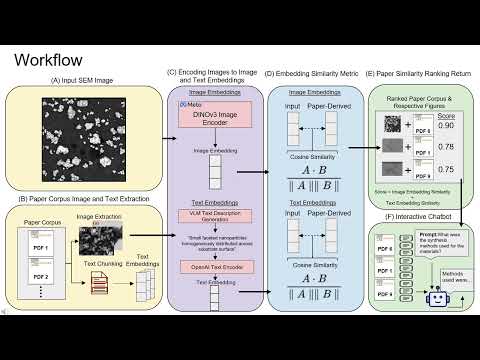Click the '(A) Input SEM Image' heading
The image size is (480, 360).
[81, 81]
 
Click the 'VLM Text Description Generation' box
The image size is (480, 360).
[212, 216]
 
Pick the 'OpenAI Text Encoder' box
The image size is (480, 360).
[212, 267]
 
